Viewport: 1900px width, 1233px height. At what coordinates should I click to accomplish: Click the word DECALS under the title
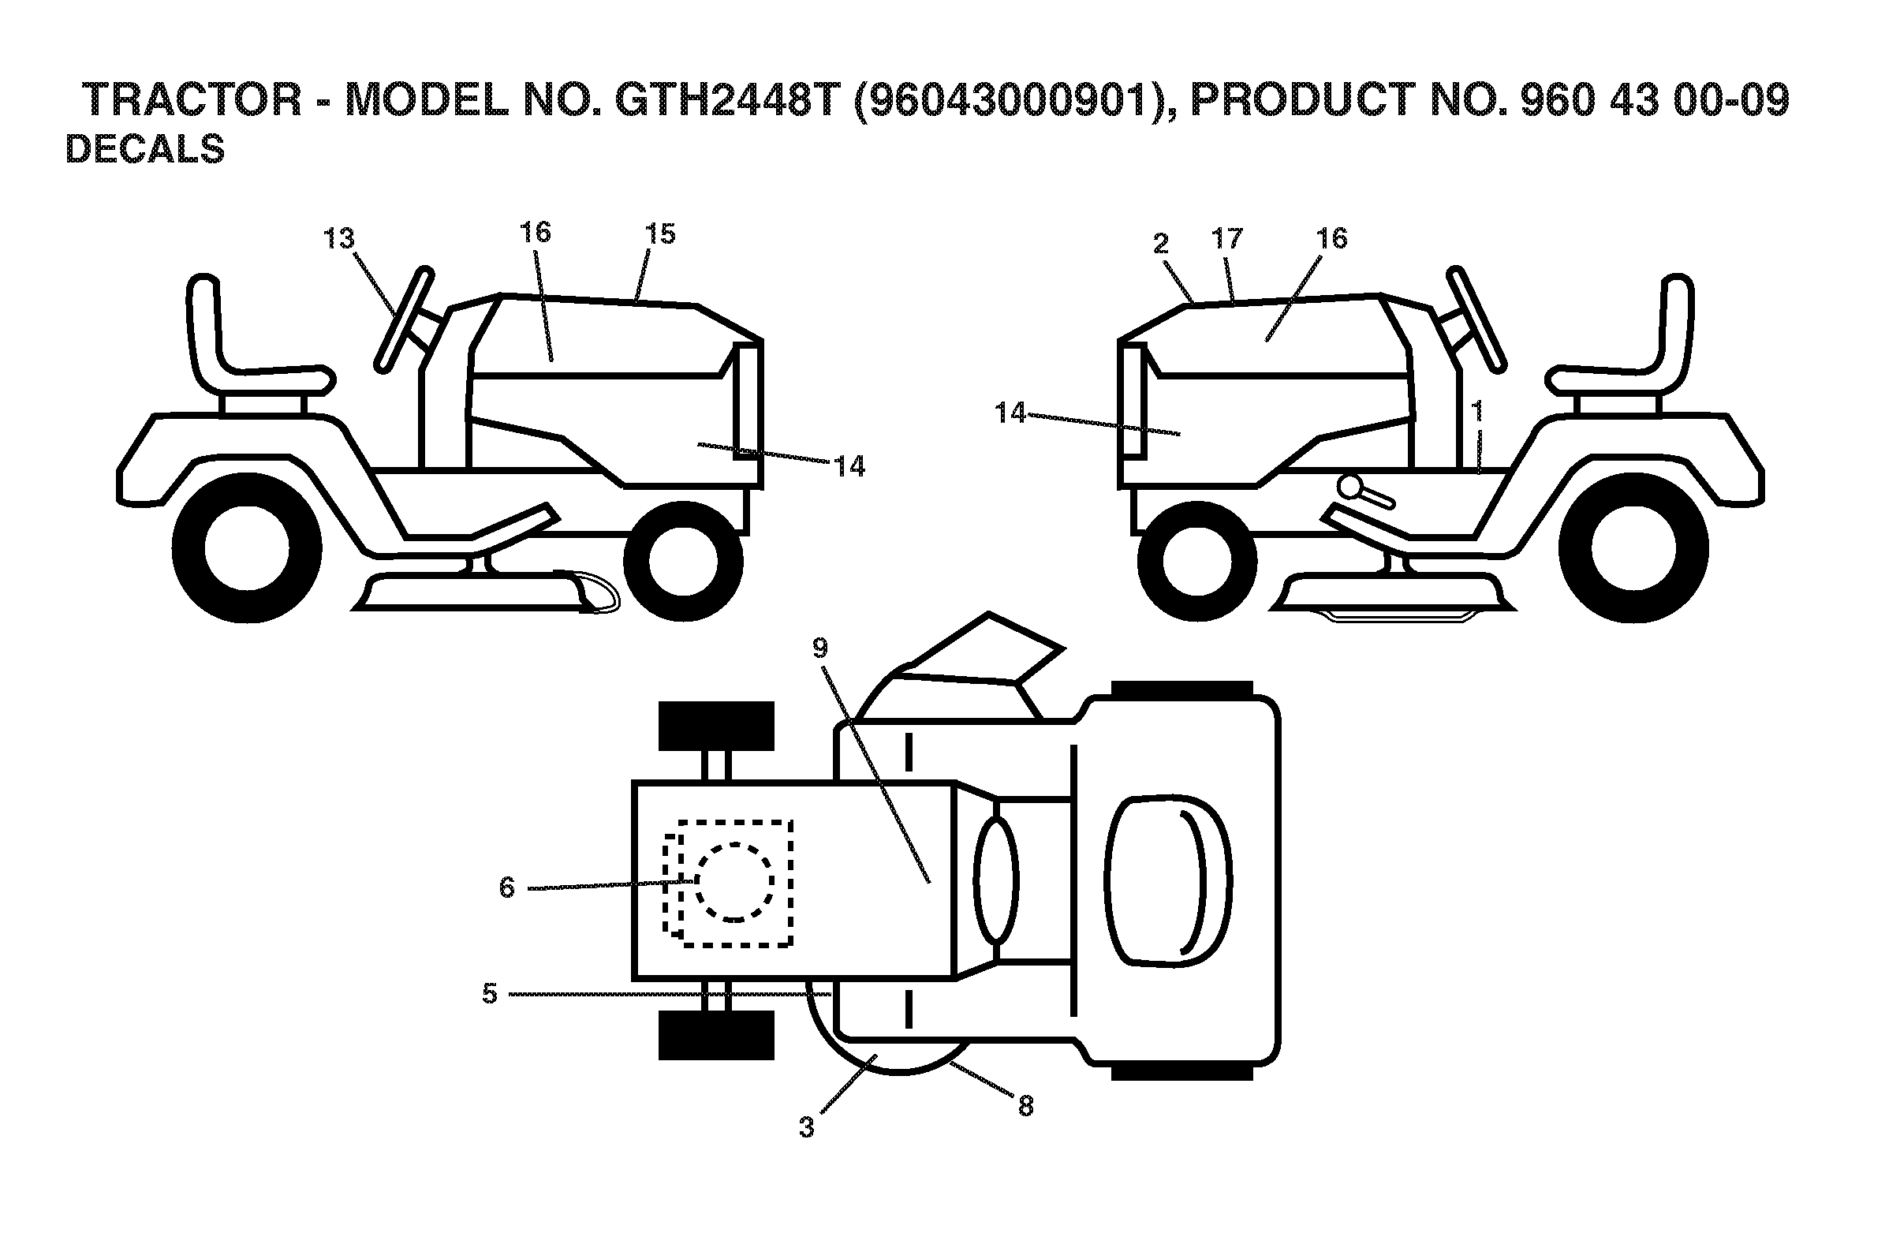pos(144,149)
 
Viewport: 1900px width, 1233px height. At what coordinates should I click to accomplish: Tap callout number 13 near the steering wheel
pos(338,238)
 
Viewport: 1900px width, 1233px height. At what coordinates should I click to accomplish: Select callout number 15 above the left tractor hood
pos(660,234)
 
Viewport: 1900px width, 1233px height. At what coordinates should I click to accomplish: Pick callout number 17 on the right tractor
pos(1227,238)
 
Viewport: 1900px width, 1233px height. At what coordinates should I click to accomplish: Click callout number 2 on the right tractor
pos(1161,244)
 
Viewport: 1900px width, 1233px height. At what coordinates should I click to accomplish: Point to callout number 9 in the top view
pos(820,648)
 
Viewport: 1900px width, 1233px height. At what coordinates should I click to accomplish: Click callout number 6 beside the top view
pos(507,887)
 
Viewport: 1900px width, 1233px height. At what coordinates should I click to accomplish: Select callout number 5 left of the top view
pos(489,994)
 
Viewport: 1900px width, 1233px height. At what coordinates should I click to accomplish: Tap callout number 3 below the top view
pos(806,1127)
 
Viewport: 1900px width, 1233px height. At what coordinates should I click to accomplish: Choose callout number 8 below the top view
pos(1026,1106)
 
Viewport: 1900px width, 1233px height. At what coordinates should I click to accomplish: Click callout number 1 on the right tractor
pos(1477,412)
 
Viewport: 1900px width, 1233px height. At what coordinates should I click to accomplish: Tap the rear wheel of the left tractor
pos(247,547)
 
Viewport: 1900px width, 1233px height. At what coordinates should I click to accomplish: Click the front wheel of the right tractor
pos(1197,562)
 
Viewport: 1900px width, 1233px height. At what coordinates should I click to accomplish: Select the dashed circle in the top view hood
pos(734,882)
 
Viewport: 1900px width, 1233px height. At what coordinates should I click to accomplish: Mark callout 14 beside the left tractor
pos(849,466)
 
